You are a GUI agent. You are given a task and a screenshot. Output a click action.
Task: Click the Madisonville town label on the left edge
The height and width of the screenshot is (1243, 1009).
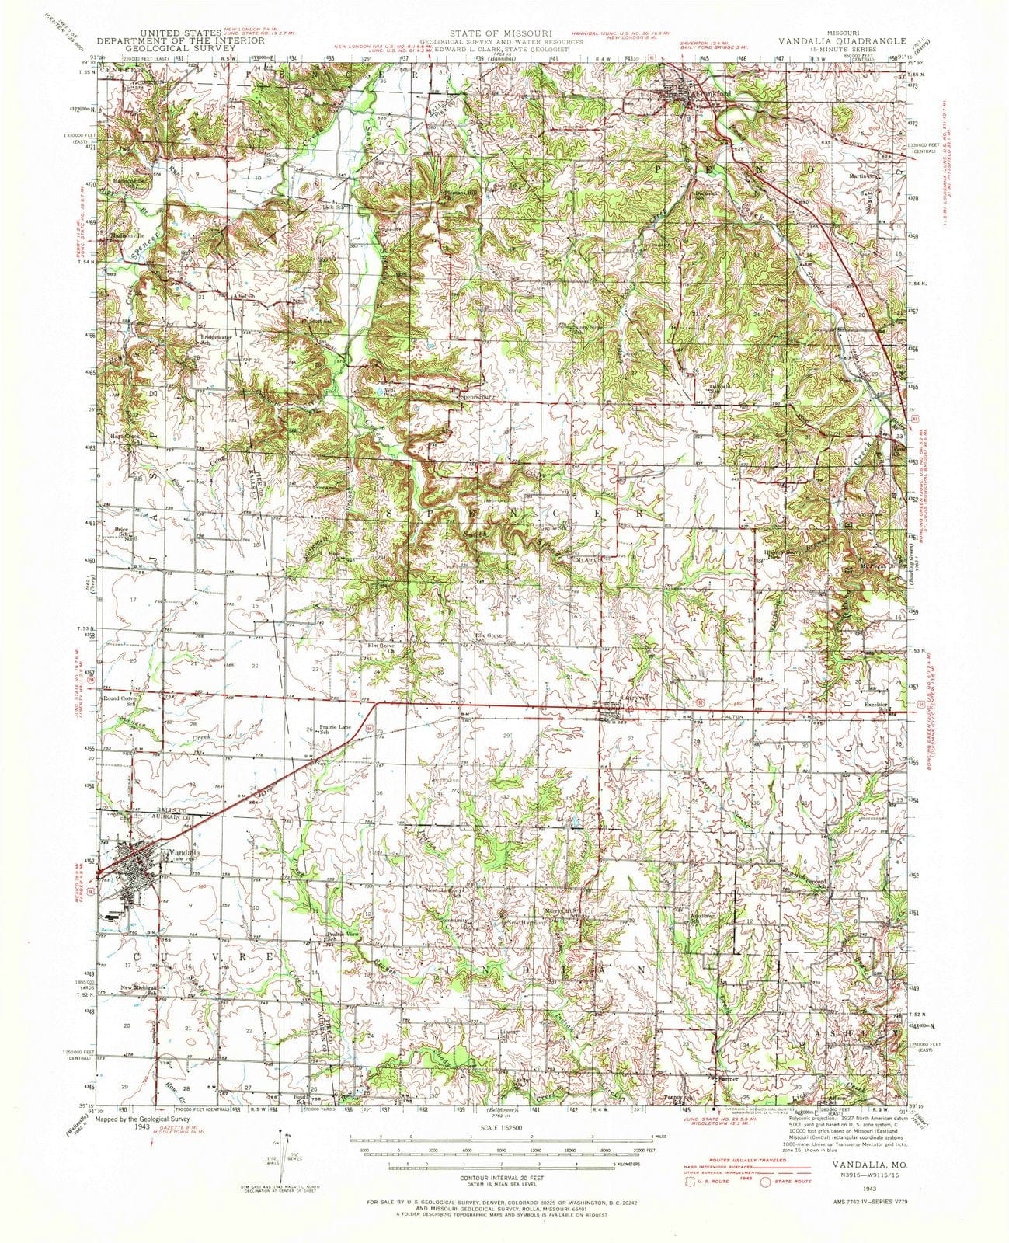pos(129,238)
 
